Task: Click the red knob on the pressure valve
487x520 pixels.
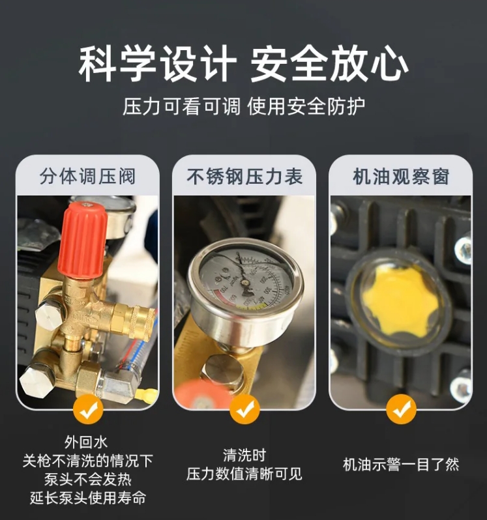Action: pos(82,238)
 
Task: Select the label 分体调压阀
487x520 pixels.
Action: pos(87,176)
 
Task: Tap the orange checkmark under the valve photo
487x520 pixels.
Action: pos(87,409)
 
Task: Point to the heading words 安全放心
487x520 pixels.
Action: pos(329,65)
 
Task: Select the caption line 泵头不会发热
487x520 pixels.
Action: pos(87,480)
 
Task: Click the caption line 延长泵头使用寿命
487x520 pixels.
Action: pos(87,499)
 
